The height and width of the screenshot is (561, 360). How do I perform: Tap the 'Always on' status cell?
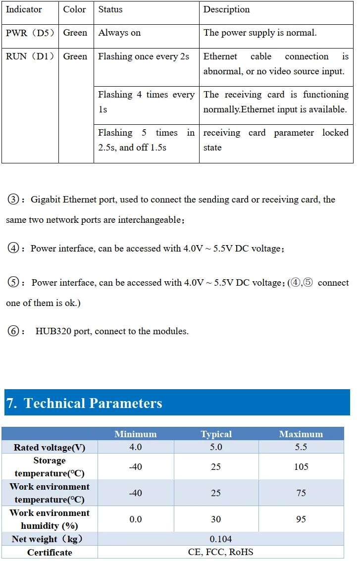(x=119, y=33)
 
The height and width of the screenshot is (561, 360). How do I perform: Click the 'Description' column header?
(x=226, y=9)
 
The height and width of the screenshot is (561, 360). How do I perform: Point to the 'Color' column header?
(x=74, y=9)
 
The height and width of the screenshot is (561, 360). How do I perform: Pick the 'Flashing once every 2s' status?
(x=144, y=56)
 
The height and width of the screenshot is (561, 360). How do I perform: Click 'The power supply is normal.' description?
(x=260, y=33)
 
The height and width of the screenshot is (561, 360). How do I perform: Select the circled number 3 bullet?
(x=13, y=200)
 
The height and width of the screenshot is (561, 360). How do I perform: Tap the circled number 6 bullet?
(x=13, y=331)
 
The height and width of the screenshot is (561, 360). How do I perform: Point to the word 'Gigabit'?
(x=46, y=200)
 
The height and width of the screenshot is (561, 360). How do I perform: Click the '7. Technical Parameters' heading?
(x=84, y=403)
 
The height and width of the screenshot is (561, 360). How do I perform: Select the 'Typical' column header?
(x=216, y=434)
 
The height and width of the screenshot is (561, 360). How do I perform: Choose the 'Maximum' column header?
(x=301, y=434)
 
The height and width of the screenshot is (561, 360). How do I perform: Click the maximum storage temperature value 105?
(x=301, y=466)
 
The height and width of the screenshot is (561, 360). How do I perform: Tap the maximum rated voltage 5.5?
(x=301, y=447)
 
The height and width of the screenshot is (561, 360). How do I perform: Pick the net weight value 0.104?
(x=220, y=539)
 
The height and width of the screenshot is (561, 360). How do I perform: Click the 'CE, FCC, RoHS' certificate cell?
(x=220, y=552)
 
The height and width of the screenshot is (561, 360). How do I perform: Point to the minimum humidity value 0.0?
(x=135, y=519)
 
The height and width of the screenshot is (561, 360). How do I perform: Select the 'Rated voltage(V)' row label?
(x=50, y=448)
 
